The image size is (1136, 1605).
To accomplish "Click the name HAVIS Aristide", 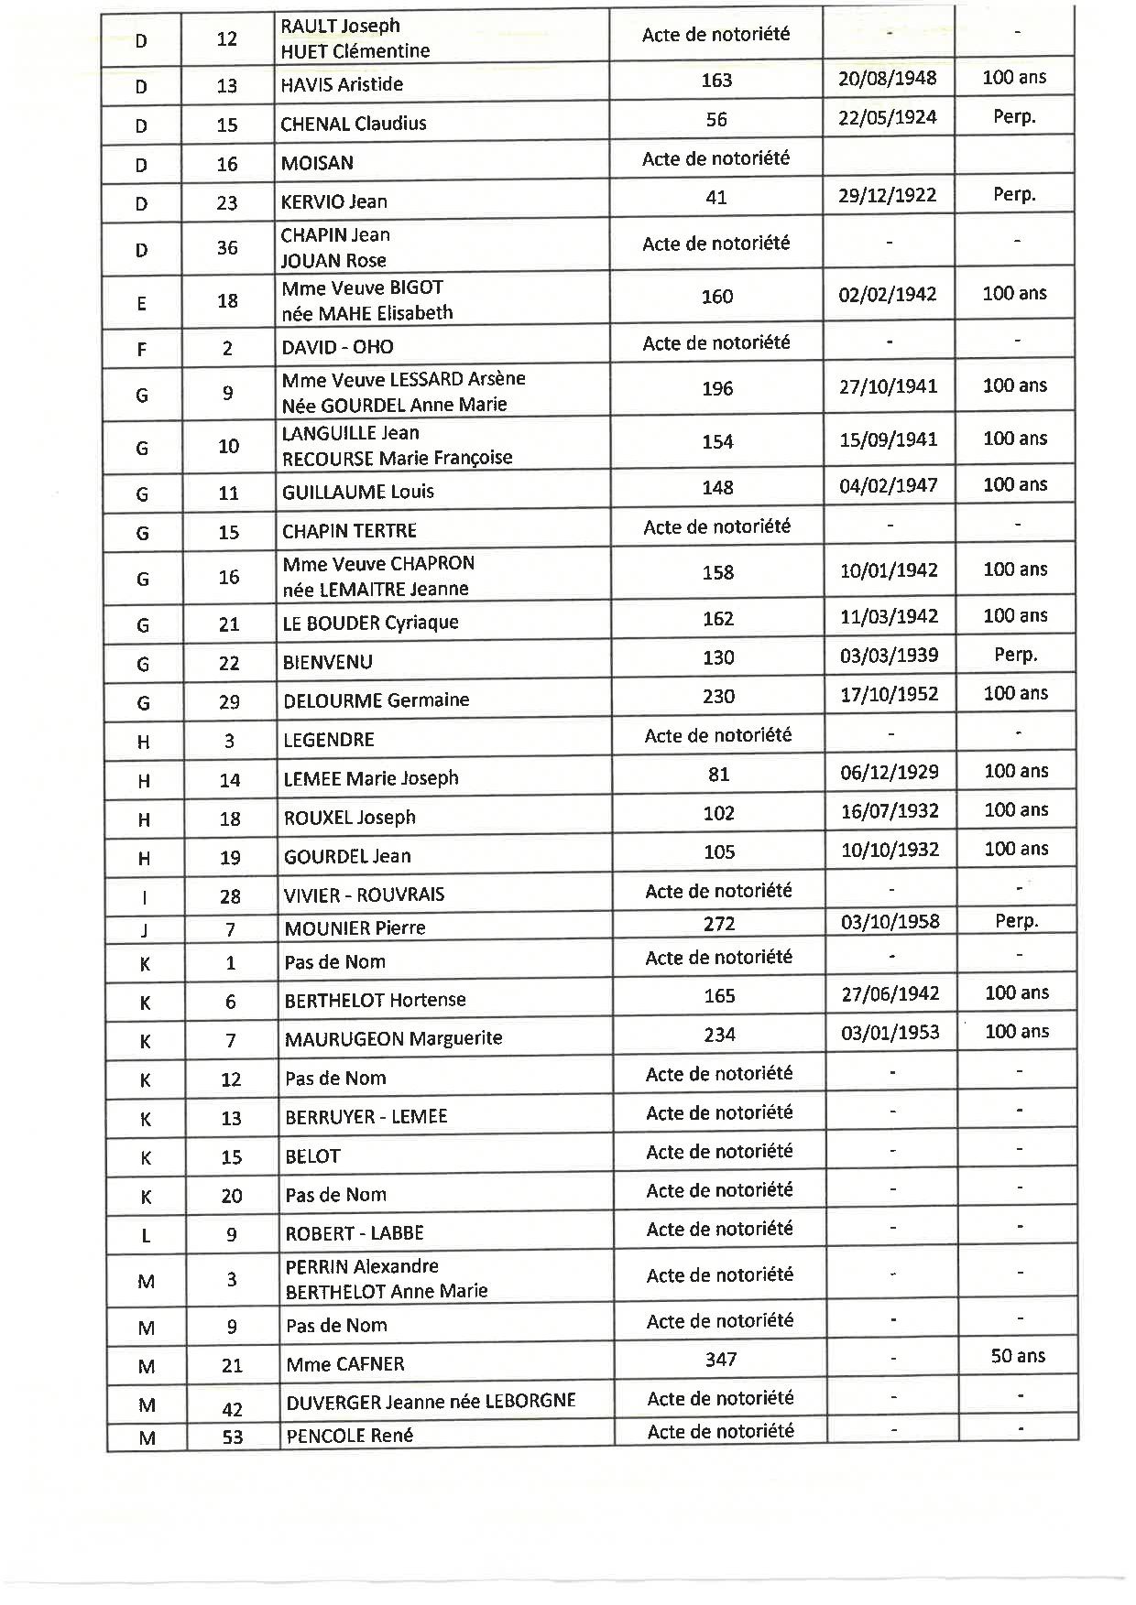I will tap(342, 84).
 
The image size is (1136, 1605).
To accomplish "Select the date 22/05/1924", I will tap(887, 117).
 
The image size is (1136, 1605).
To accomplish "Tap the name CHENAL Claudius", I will tap(354, 124).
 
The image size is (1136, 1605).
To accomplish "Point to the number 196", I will tap(717, 389).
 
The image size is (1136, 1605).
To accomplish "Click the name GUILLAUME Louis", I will tap(358, 492).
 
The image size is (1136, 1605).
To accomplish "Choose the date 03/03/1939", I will tap(889, 656).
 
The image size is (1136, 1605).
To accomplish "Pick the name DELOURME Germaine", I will tap(376, 700).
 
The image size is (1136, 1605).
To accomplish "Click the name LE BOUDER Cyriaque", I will tap(370, 623).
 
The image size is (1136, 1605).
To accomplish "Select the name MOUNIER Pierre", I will tap(355, 928).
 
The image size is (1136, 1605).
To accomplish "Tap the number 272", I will tap(719, 924).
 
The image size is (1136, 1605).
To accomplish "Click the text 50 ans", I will tap(1018, 1356).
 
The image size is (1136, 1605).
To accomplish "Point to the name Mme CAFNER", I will tap(344, 1364).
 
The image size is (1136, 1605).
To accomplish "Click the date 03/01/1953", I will tap(890, 1033).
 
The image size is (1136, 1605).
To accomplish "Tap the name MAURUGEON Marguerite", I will tap(393, 1038).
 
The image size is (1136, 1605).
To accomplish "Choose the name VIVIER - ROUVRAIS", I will tap(364, 895).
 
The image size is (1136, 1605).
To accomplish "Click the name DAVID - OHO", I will tap(337, 347).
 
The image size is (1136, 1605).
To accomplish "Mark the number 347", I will tap(721, 1360).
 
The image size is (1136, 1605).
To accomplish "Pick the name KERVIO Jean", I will tap(333, 201).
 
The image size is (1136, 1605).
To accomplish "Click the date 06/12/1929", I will tap(889, 772).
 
